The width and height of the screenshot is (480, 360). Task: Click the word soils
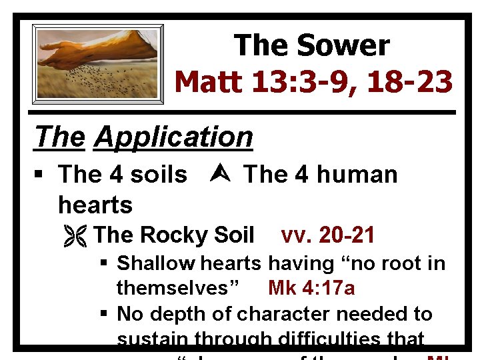(159, 175)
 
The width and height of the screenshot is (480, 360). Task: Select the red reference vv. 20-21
(328, 235)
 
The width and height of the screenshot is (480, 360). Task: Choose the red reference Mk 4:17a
(311, 288)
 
